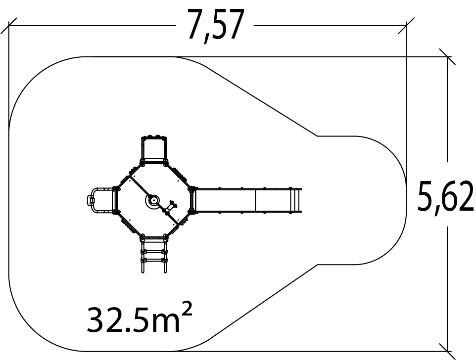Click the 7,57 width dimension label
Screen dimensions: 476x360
[x=216, y=26]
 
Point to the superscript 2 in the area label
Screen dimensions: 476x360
[x=188, y=308]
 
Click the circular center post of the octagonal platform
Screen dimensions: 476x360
[x=154, y=200]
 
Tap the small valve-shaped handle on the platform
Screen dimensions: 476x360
[x=171, y=207]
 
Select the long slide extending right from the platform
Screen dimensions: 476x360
[x=247, y=201]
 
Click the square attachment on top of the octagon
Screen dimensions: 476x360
[x=154, y=150]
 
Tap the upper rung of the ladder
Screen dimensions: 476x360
[x=153, y=251]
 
